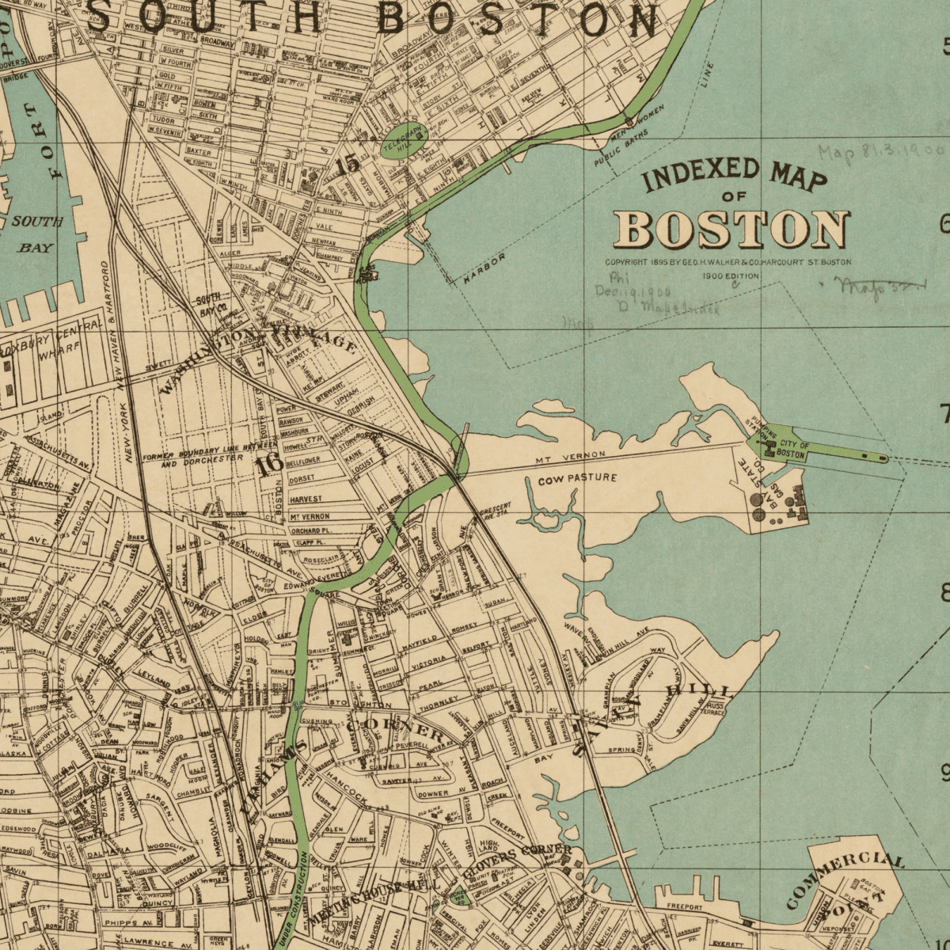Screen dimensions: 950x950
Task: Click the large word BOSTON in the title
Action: point(732,229)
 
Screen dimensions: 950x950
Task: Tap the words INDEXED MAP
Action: point(734,174)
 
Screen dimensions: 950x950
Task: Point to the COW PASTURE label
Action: point(577,479)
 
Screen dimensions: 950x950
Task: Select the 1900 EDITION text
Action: point(730,276)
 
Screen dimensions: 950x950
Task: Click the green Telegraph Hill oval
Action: point(405,141)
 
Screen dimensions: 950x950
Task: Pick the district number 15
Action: point(347,164)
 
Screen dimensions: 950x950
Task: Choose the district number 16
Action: point(270,465)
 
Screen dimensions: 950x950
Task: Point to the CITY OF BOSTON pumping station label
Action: point(792,450)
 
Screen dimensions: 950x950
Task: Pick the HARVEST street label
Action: point(306,500)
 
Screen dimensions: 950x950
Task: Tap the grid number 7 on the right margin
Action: point(944,412)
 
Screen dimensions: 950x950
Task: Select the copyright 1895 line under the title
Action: point(728,262)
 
